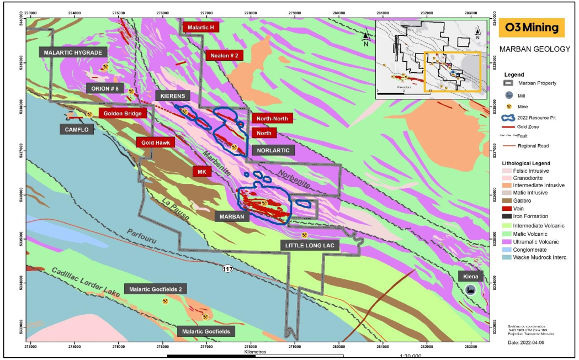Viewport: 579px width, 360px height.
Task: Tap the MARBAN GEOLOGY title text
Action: [x=534, y=49]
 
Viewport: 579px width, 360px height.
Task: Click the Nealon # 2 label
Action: [x=224, y=55]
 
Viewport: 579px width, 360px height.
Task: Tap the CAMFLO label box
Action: [x=77, y=129]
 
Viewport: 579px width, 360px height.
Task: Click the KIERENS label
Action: [x=173, y=96]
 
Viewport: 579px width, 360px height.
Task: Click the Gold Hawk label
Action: [x=156, y=142]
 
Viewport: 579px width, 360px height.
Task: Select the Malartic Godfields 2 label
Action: [x=156, y=289]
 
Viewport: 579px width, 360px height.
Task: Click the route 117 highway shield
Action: [x=227, y=269]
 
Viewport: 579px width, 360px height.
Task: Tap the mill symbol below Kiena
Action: [x=471, y=290]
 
